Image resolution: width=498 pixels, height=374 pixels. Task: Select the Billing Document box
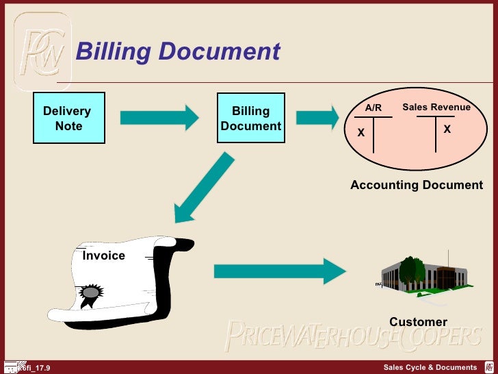251,118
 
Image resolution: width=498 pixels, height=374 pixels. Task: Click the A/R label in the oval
373,108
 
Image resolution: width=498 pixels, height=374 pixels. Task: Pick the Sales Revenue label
436,108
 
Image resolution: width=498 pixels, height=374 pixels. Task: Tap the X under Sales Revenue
447,129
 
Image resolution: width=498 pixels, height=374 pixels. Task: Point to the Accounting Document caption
417,185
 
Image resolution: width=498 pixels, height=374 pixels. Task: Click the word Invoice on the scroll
104,255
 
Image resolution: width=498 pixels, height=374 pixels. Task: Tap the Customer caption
418,322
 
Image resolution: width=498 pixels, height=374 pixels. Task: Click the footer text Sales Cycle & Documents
430,369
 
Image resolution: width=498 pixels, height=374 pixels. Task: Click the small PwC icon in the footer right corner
488,368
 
